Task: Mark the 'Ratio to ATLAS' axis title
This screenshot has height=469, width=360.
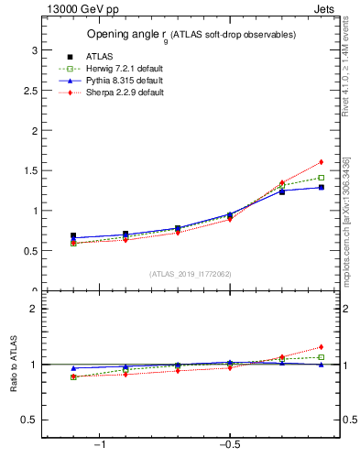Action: [x=14, y=365]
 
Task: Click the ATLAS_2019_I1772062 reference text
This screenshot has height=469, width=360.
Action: [x=190, y=273]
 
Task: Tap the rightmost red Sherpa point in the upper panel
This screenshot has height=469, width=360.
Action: [x=322, y=162]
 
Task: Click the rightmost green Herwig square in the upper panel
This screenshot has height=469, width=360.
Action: [x=322, y=178]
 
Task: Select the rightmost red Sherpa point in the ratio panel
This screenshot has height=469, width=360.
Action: [x=322, y=347]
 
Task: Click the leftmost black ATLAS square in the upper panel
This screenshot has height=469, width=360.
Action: [x=73, y=235]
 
